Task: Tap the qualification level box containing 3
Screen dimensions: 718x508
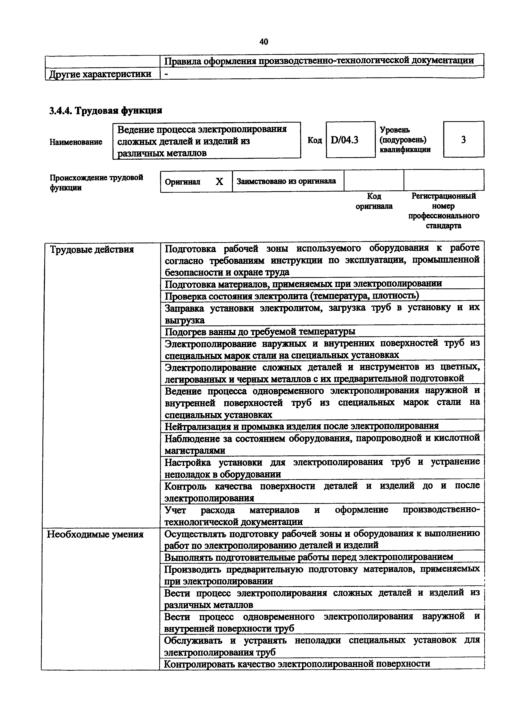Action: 463,139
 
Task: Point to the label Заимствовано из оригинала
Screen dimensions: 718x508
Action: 286,181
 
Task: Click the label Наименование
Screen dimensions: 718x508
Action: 76,142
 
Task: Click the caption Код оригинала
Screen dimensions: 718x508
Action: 374,201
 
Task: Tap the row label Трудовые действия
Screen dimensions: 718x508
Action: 92,249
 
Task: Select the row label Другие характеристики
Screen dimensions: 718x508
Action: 100,74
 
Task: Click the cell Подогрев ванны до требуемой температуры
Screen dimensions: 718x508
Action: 260,331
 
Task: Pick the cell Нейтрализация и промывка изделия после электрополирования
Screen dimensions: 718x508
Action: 301,426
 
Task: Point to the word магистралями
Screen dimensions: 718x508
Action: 195,450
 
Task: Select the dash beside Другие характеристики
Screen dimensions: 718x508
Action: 166,74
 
